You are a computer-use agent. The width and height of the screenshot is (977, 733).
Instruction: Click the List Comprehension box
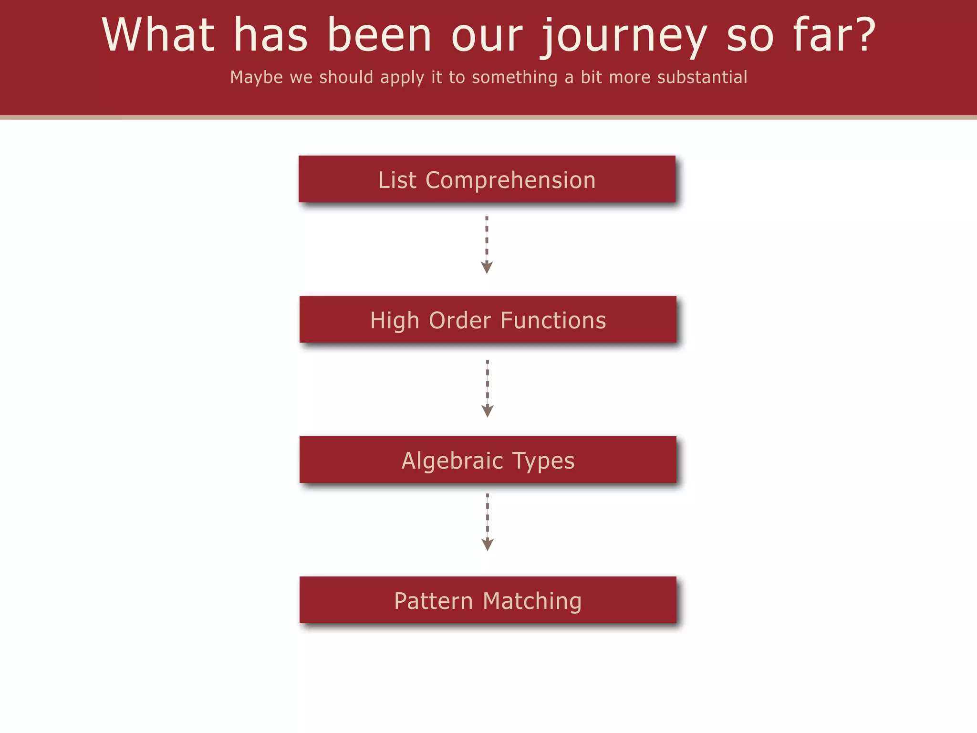[x=487, y=179]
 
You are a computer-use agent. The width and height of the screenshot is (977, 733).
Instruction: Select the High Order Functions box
[x=488, y=319]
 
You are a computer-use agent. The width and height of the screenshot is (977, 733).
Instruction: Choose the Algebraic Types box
[x=488, y=460]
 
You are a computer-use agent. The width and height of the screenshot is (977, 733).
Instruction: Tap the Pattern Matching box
[x=488, y=600]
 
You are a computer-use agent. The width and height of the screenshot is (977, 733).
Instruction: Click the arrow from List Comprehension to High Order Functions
[x=487, y=245]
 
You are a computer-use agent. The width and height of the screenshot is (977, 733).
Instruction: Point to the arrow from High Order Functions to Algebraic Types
[x=487, y=388]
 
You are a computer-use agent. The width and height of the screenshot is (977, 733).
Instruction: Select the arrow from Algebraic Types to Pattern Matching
[x=487, y=522]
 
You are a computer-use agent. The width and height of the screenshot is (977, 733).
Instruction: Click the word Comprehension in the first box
[x=510, y=180]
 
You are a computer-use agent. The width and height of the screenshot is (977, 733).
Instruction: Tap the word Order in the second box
[x=460, y=320]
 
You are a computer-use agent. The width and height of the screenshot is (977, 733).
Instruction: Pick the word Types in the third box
[x=543, y=461]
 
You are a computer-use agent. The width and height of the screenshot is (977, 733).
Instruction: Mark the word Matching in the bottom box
[x=532, y=601]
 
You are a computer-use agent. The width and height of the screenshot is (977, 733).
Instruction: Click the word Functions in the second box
[x=553, y=320]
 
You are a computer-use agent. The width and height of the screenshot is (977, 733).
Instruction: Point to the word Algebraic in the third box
[x=452, y=461]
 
